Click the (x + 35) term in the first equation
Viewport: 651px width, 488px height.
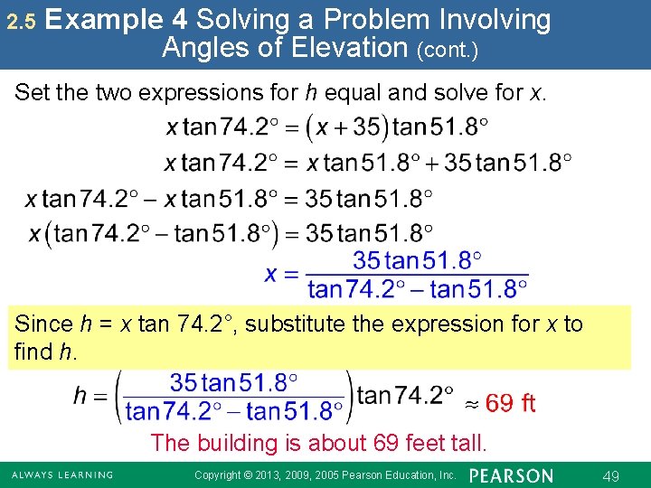coord(347,127)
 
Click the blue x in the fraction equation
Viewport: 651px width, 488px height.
coord(270,273)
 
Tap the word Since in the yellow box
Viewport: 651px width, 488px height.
coord(44,324)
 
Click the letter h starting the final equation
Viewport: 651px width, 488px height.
coord(81,397)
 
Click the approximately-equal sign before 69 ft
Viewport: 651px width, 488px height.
coord(471,404)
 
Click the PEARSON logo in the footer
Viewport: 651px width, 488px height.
coord(512,474)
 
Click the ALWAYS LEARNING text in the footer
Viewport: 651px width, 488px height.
coord(62,474)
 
